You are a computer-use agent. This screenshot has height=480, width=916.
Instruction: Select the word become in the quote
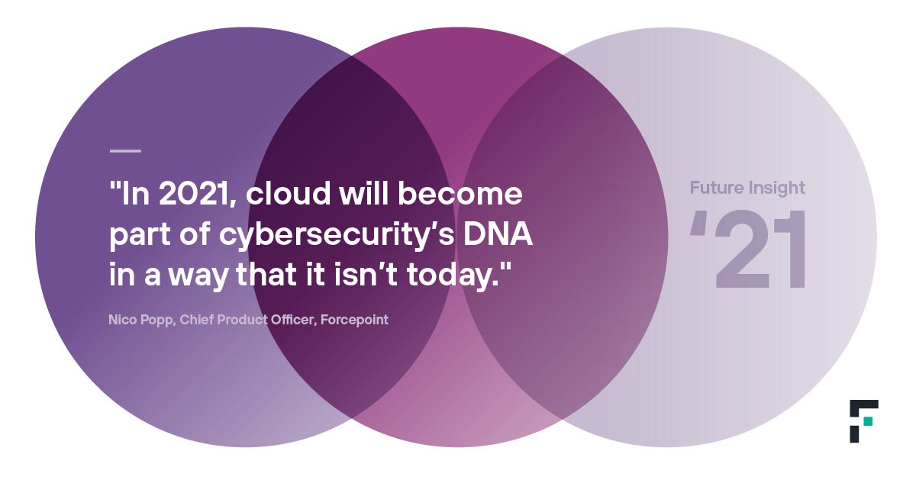click(460, 193)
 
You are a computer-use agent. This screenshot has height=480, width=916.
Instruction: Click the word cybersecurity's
click(337, 236)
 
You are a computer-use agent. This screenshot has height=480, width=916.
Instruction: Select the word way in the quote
click(198, 277)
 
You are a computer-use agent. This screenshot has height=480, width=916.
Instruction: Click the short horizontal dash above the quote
click(125, 151)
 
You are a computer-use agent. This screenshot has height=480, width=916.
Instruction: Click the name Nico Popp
click(142, 320)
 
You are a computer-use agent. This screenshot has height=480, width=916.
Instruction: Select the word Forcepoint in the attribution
click(354, 320)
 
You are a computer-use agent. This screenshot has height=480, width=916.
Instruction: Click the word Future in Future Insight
click(717, 188)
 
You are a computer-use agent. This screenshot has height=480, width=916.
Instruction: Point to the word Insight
click(776, 188)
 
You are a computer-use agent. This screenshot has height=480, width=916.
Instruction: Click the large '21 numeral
click(747, 250)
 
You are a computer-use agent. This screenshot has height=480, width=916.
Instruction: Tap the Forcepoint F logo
click(863, 420)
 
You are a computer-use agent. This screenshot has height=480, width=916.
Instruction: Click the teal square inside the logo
click(868, 421)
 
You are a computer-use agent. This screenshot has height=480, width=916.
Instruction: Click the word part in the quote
click(140, 236)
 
